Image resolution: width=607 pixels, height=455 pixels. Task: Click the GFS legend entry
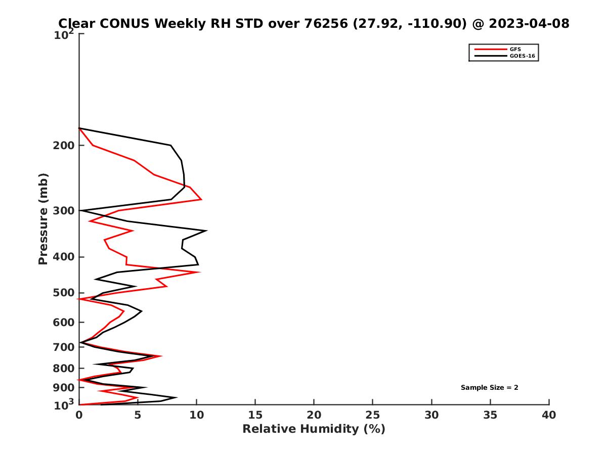pyautogui.click(x=515, y=49)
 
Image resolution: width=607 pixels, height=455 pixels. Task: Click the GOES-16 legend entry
pyautogui.click(x=521, y=56)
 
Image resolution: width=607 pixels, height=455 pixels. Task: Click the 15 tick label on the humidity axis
pyautogui.click(x=255, y=415)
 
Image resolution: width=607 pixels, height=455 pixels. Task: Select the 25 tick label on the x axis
pyautogui.click(x=373, y=415)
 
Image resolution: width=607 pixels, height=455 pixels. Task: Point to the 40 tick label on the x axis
pyautogui.click(x=549, y=415)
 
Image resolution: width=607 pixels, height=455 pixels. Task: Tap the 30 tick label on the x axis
pyautogui.click(x=431, y=415)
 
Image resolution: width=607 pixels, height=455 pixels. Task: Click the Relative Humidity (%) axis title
pyautogui.click(x=314, y=429)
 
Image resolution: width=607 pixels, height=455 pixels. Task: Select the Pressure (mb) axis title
pyautogui.click(x=43, y=218)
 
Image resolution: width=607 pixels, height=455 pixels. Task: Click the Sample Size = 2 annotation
pyautogui.click(x=489, y=388)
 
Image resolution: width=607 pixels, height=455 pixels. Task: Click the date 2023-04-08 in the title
pyautogui.click(x=526, y=23)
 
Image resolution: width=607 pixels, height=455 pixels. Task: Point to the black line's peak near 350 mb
pyautogui.click(x=206, y=231)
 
